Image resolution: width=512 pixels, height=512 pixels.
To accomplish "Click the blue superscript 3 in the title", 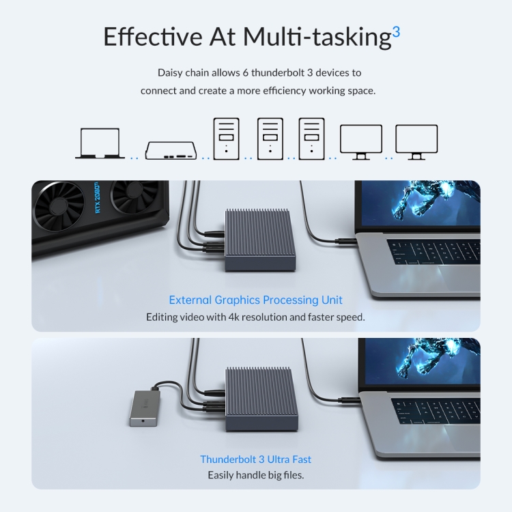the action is pyautogui.click(x=396, y=32).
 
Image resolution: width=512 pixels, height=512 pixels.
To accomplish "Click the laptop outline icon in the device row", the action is pyautogui.click(x=100, y=143).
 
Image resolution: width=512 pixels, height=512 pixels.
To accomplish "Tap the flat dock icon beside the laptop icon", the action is pyautogui.click(x=171, y=150).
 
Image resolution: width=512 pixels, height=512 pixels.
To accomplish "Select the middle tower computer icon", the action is pyautogui.click(x=270, y=139).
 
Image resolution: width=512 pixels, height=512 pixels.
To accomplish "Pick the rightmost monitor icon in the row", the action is pyautogui.click(x=416, y=142).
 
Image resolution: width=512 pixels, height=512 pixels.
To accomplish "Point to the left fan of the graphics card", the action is pyautogui.click(x=59, y=205).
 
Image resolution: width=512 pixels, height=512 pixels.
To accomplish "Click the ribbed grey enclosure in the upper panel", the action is pyautogui.click(x=260, y=240).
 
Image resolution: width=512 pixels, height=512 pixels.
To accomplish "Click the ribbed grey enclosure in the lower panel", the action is pyautogui.click(x=261, y=399).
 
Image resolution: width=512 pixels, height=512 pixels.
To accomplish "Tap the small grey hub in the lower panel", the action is pyautogui.click(x=145, y=408).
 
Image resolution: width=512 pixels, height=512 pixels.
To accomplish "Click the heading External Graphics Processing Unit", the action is pyautogui.click(x=256, y=300).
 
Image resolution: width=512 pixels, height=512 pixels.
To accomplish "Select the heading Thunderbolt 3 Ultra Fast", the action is pyautogui.click(x=256, y=459).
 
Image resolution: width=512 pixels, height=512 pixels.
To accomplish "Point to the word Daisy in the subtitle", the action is pyautogui.click(x=170, y=73).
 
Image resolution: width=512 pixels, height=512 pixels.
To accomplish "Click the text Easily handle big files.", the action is pyautogui.click(x=256, y=475).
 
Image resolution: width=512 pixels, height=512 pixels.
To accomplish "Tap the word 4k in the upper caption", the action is pyautogui.click(x=234, y=317).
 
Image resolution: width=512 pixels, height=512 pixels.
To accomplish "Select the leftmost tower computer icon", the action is pyautogui.click(x=226, y=139).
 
